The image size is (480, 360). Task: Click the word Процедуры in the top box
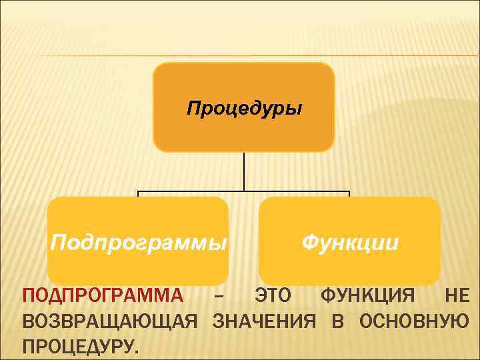point(243,108)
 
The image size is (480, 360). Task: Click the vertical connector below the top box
point(244,172)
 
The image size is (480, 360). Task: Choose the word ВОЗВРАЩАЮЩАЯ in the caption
point(109,321)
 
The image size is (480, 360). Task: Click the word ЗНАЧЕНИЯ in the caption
point(264,321)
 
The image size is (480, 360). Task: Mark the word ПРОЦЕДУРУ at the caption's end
point(81,347)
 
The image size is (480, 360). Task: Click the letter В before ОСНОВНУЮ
point(337,321)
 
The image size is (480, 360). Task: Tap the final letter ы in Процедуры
point(295,109)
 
